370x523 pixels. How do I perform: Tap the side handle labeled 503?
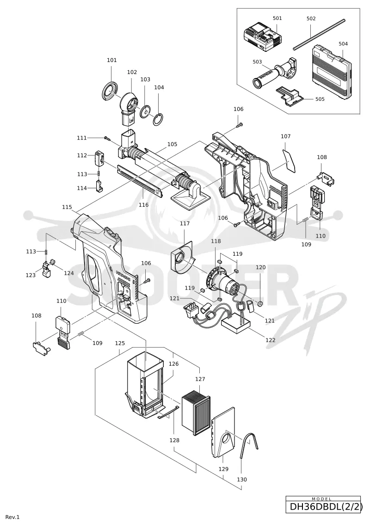click(x=274, y=74)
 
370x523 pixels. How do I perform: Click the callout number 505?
click(x=320, y=99)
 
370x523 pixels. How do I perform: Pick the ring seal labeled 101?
click(x=110, y=91)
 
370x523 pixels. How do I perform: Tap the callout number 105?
click(x=172, y=144)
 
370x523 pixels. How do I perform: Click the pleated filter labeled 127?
click(x=196, y=415)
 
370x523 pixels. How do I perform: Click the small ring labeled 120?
click(x=260, y=303)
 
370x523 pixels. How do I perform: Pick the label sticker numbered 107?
click(x=289, y=161)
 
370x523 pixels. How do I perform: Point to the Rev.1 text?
click(x=12, y=517)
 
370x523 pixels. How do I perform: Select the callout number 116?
click(x=143, y=205)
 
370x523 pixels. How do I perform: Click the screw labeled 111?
click(x=107, y=138)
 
